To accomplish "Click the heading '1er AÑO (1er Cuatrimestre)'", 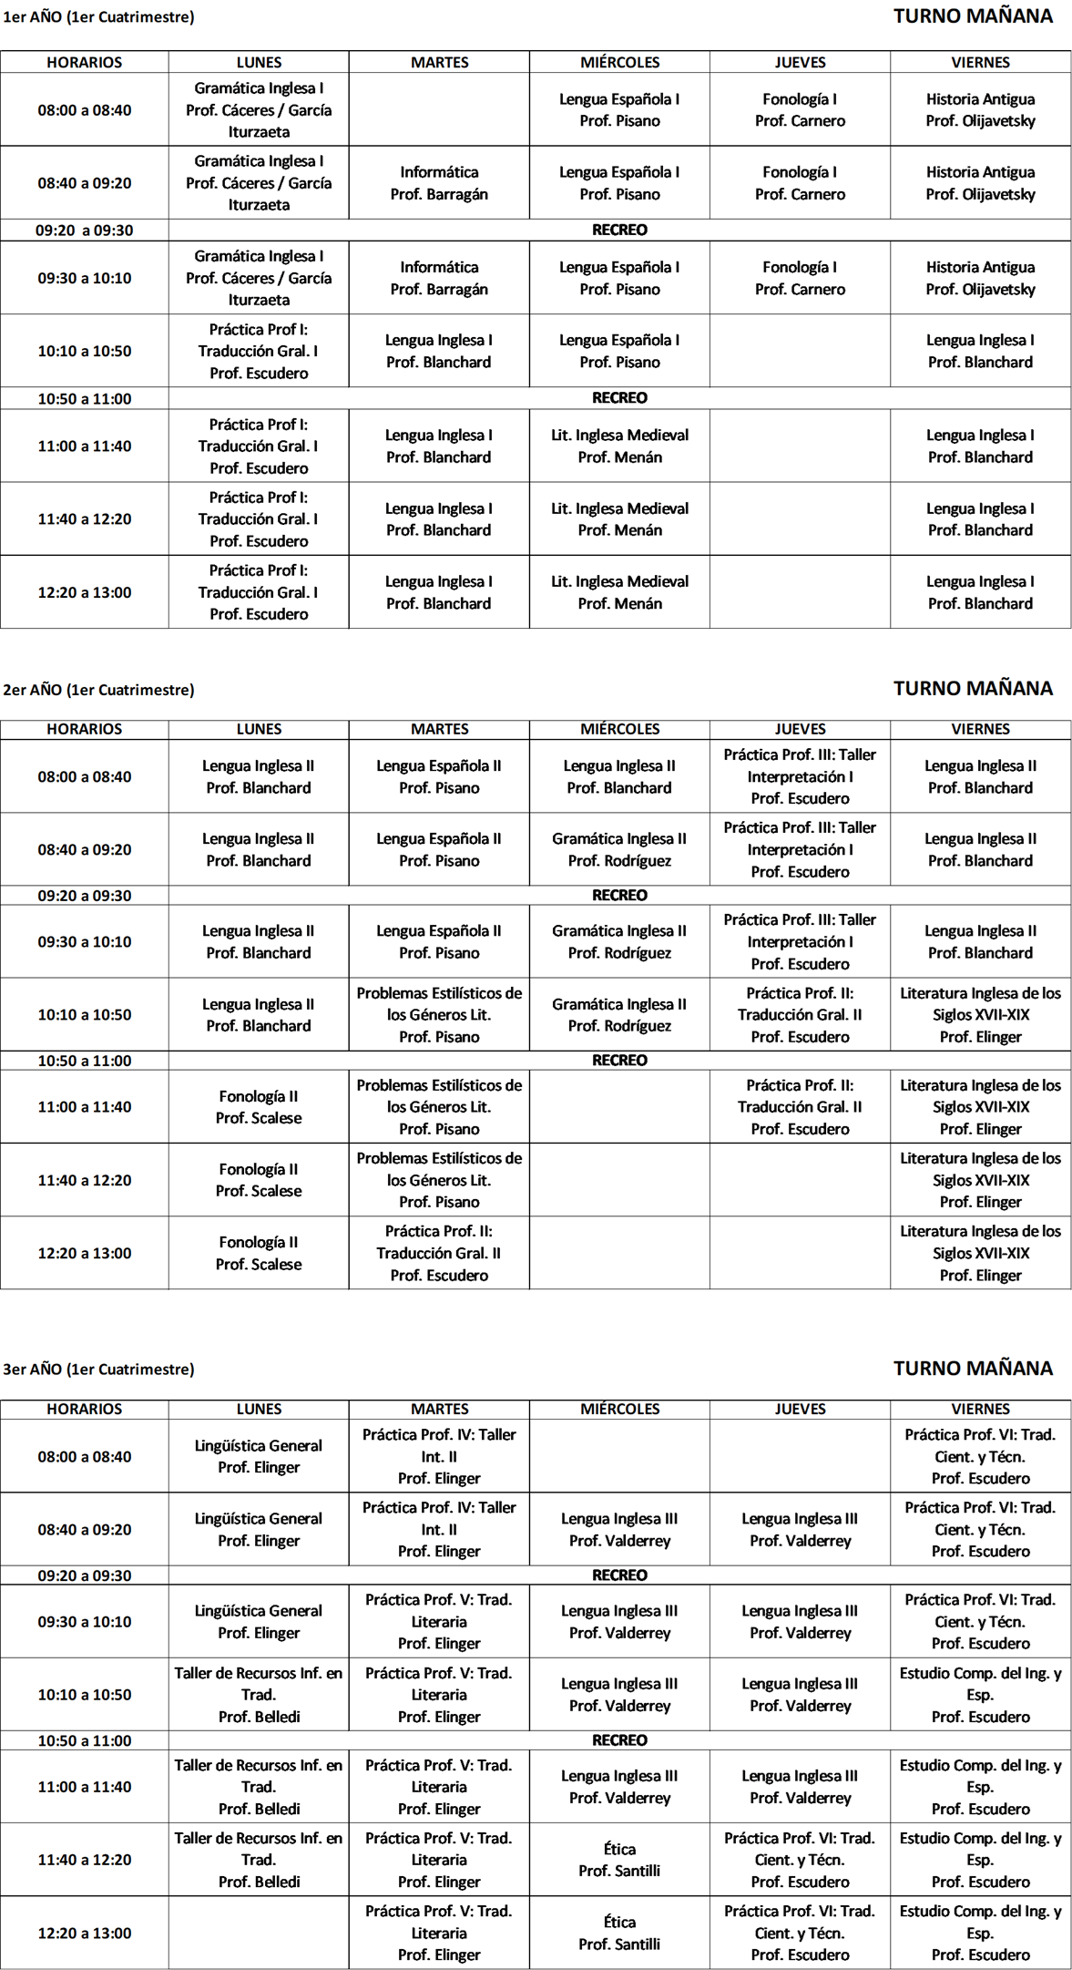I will pyautogui.click(x=98, y=17).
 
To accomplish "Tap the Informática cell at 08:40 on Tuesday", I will pyautogui.click(x=439, y=183).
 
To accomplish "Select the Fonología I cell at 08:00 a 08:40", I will pyautogui.click(x=800, y=110).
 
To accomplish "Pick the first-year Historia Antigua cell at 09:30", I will pyautogui.click(x=980, y=278).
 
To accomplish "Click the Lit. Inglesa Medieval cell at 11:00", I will pyautogui.click(x=619, y=446).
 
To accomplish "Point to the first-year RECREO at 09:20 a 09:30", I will pyautogui.click(x=619, y=230).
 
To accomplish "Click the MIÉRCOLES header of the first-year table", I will pyautogui.click(x=619, y=62).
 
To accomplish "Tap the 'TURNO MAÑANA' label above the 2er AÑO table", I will pyautogui.click(x=973, y=688).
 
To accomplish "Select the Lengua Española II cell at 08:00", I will pyautogui.click(x=439, y=776).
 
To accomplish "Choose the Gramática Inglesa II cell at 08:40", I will pyautogui.click(x=619, y=849).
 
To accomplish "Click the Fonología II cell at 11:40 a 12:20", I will pyautogui.click(x=259, y=1180).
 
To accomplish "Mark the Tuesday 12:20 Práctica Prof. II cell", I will pyautogui.click(x=439, y=1253).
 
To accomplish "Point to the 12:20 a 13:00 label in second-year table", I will pyautogui.click(x=84, y=1253).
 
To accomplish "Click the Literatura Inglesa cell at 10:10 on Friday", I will pyautogui.click(x=980, y=1014).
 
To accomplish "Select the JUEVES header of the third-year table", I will pyautogui.click(x=800, y=1409).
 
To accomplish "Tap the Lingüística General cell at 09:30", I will pyautogui.click(x=259, y=1621).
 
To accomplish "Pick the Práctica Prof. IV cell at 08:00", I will pyautogui.click(x=439, y=1456).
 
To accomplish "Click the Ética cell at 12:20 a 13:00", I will pyautogui.click(x=619, y=1933).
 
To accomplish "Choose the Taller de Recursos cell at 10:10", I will pyautogui.click(x=259, y=1695).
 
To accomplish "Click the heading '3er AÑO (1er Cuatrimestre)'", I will pyautogui.click(x=98, y=1369).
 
